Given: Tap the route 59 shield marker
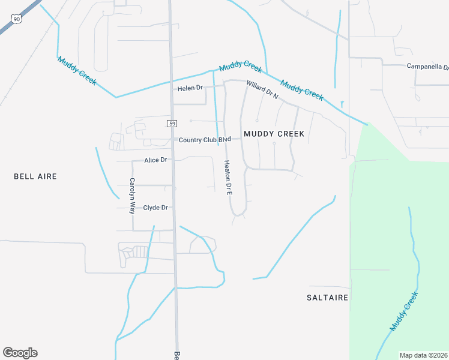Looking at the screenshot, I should (x=172, y=124).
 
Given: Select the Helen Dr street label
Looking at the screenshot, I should (x=191, y=88).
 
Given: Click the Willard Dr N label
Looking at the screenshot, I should (x=262, y=91).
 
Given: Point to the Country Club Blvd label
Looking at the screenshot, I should (x=205, y=140).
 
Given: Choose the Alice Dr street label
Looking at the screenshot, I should (x=155, y=160).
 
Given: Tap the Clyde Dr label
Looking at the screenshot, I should (x=155, y=208).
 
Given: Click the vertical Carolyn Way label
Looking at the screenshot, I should (x=132, y=196).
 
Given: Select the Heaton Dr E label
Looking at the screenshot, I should (x=228, y=178).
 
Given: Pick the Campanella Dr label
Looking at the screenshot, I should (x=428, y=66).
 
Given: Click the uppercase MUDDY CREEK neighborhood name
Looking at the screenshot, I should (x=273, y=133).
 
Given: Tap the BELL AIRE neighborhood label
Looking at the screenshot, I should (x=35, y=176).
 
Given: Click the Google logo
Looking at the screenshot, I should (x=20, y=353).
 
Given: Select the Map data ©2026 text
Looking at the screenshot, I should (x=423, y=355).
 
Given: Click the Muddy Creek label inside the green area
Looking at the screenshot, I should (x=403, y=311).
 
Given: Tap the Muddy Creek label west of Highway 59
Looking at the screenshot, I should (x=77, y=71).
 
